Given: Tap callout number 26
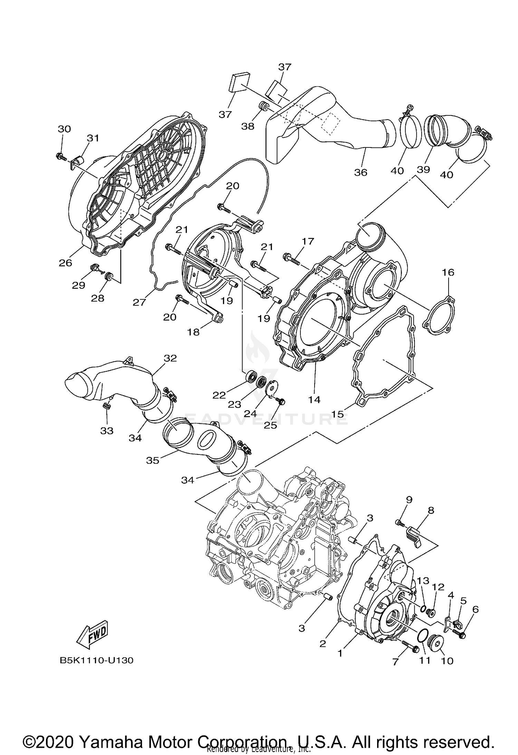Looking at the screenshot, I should [x=65, y=263].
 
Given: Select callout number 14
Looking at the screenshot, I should [x=314, y=400].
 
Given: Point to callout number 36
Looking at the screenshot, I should [x=361, y=172].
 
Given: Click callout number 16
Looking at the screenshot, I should [x=448, y=273].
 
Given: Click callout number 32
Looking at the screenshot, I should [x=170, y=358].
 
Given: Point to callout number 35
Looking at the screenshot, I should [x=153, y=460].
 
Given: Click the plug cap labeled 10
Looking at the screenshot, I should [x=436, y=644].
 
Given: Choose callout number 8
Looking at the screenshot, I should [x=431, y=510].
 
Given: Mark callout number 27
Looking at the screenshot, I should [x=140, y=303].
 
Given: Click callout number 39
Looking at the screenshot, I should [x=423, y=169].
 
